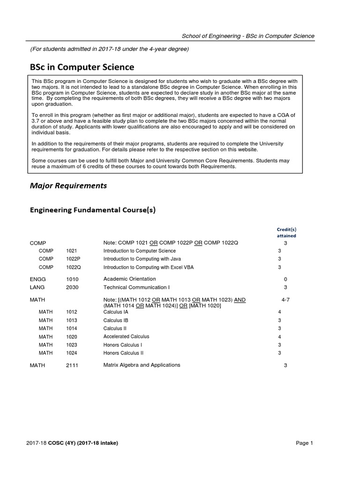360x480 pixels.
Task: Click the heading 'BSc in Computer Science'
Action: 82,67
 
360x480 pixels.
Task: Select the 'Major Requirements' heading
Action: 68,186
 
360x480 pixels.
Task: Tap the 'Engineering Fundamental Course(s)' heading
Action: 93,210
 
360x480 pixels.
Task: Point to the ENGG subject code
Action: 37,279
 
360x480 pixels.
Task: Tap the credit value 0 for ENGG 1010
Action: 285,279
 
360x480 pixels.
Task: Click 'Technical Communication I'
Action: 135,287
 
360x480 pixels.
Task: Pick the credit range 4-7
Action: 285,300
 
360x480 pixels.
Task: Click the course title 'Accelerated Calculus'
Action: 126,337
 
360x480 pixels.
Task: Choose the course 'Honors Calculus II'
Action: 123,353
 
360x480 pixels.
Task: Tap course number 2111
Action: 72,365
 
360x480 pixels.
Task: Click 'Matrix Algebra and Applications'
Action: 142,365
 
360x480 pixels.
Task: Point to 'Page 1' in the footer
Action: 304,443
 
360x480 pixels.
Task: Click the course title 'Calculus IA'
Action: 115,312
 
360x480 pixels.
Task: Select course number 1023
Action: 72,345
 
